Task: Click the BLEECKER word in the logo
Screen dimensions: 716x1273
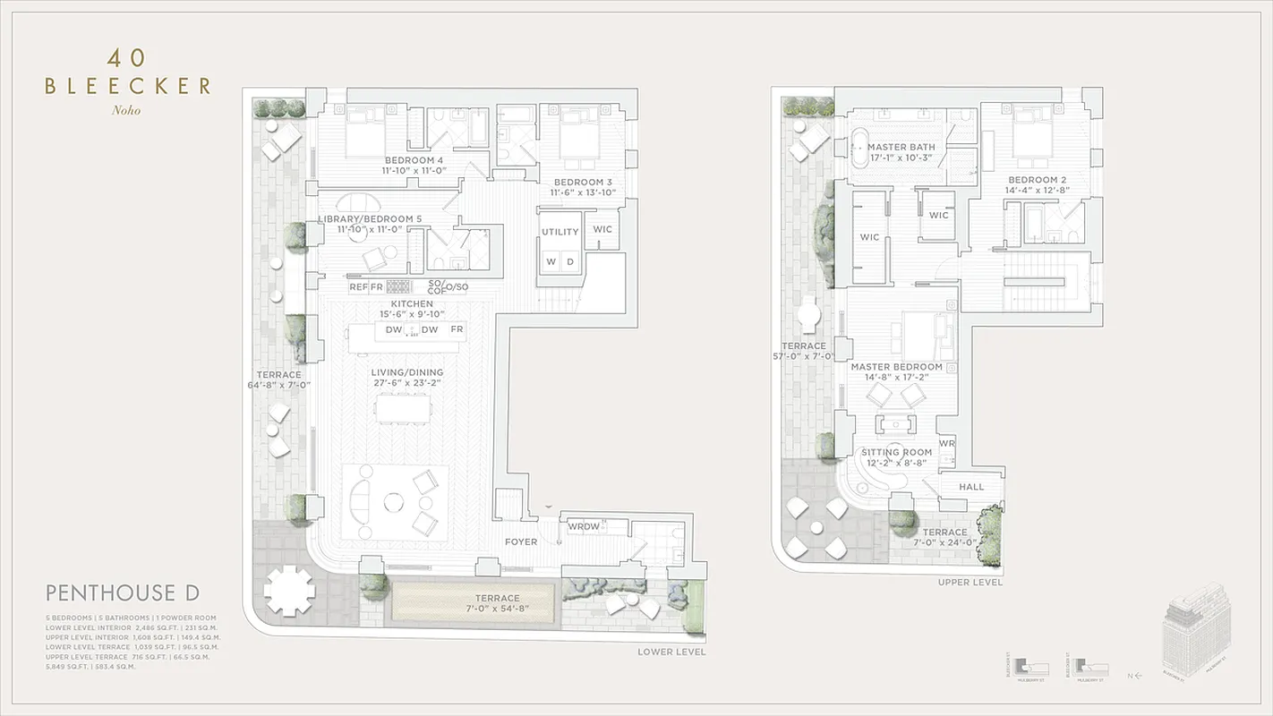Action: point(127,86)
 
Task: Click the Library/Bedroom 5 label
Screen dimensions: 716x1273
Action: point(370,219)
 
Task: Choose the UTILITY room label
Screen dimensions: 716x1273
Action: point(560,232)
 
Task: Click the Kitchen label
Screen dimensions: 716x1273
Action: point(411,304)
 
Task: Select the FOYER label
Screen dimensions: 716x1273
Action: point(521,541)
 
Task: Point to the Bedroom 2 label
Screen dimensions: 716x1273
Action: point(1036,180)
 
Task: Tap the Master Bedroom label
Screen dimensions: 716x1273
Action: point(896,367)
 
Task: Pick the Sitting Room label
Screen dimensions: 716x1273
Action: point(896,453)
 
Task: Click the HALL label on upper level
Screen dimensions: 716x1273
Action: point(971,487)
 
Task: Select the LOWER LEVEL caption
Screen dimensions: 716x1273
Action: point(671,652)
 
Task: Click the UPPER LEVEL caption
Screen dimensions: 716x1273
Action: point(970,583)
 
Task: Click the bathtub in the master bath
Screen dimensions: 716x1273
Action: point(859,148)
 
